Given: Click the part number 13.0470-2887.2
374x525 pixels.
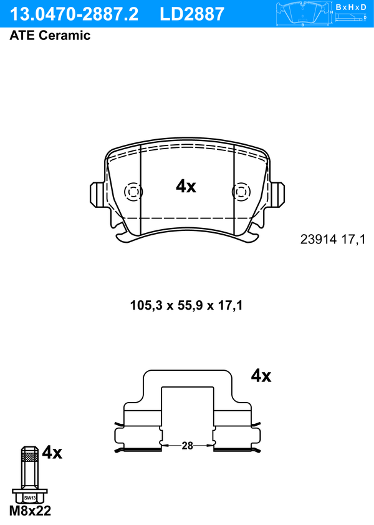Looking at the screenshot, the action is (74, 14).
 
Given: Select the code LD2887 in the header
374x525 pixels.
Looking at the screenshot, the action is (192, 14).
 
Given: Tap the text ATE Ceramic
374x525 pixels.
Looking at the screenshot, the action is (50, 35).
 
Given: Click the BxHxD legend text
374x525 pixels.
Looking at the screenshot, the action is (351, 7).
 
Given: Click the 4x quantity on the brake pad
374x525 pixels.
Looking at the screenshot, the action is (186, 186).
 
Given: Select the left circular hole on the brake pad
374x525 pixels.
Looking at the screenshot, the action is (133, 192).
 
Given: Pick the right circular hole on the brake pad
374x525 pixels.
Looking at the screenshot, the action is (241, 192).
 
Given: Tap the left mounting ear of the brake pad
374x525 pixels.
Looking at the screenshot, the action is (97, 195).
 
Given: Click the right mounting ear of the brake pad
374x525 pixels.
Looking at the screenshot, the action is (277, 195).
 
